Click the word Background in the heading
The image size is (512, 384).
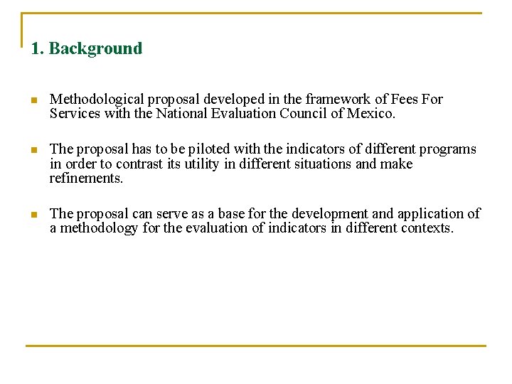pyautogui.click(x=95, y=48)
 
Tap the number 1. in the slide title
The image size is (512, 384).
pyautogui.click(x=38, y=48)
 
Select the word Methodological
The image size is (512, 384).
pyautogui.click(x=96, y=100)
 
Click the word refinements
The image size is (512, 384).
pyautogui.click(x=87, y=178)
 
